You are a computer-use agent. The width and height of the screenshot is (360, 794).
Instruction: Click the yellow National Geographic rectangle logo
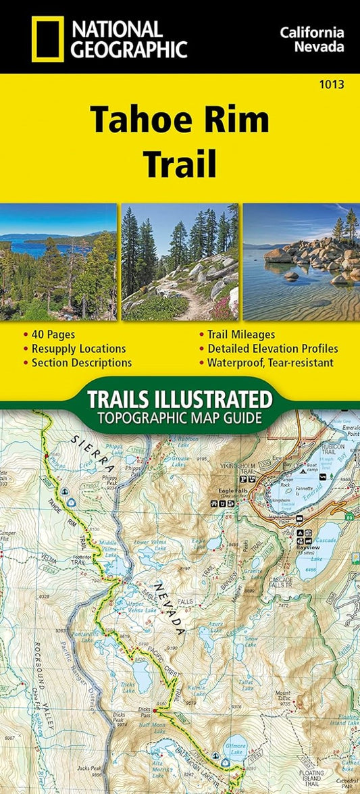coord(47,39)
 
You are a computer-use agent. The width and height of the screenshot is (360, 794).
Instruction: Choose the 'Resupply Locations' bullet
coord(78,349)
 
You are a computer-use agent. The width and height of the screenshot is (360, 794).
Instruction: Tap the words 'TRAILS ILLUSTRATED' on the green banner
coord(179,398)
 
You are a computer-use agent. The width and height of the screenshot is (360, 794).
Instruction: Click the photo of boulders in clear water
coord(301,262)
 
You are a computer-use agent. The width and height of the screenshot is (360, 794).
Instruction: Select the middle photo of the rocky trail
coord(180,262)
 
